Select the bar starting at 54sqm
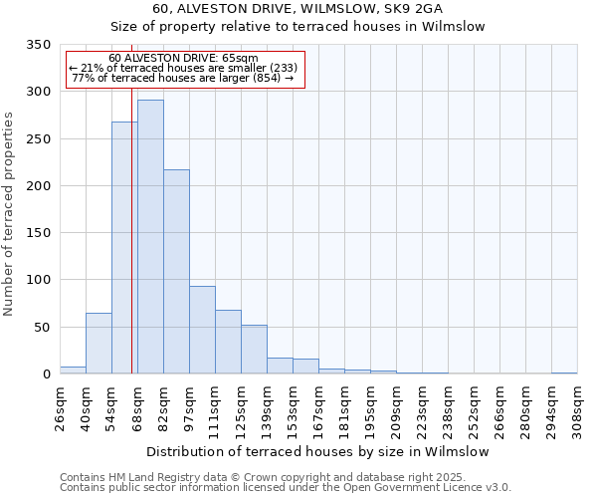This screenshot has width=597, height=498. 124,248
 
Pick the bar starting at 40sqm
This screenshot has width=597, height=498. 99,344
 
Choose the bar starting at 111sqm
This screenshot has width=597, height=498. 228,342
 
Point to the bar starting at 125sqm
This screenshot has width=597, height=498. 254,350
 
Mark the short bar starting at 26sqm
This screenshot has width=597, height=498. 73,370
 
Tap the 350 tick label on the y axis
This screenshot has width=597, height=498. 38,45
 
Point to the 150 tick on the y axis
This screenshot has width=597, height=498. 38,233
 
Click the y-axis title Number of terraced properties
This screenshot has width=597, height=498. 10,214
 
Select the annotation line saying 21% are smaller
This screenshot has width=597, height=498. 183,68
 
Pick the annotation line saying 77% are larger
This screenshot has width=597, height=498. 183,78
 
